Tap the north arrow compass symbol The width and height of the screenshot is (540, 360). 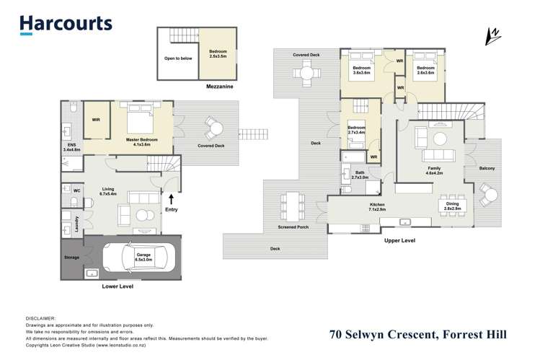coord(495,35)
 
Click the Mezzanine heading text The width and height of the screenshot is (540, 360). coord(198,84)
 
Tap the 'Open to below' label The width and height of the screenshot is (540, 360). coord(178,58)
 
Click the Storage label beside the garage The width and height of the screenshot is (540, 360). coord(72,256)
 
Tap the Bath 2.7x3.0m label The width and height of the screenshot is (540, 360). coord(360,175)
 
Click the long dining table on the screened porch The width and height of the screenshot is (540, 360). coord(294,205)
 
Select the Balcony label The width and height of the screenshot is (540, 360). coord(487,168)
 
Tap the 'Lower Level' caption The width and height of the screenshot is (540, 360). coord(118,286)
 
